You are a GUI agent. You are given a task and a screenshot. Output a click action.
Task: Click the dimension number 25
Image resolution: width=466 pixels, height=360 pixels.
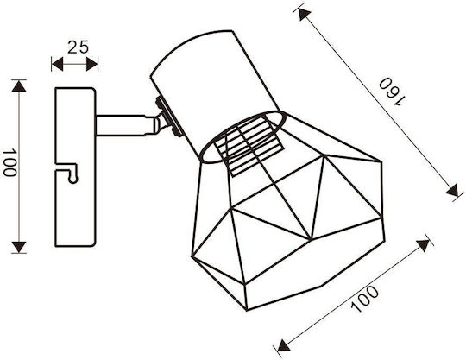click(x=78, y=47)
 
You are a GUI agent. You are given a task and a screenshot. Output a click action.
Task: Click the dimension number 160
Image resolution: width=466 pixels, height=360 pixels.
click(x=392, y=92)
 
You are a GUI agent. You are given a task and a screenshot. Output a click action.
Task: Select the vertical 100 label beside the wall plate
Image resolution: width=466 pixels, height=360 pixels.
click(x=9, y=163)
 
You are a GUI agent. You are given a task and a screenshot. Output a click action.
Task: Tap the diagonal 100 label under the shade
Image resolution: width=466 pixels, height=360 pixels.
click(x=365, y=299)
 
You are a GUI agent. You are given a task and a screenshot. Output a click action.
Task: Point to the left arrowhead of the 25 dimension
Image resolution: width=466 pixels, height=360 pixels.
click(x=57, y=64)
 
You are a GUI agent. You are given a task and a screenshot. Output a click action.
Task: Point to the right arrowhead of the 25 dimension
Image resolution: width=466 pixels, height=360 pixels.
click(x=91, y=64)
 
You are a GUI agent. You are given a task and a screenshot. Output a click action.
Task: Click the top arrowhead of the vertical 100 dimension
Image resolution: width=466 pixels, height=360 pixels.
click(x=19, y=86)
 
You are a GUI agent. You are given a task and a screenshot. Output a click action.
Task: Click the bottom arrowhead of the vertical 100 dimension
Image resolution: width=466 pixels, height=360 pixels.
click(x=19, y=247)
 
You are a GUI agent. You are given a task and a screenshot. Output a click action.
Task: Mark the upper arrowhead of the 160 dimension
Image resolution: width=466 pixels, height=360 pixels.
click(x=304, y=15)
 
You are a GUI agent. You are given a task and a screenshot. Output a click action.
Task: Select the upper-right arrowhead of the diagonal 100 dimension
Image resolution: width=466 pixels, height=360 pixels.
click(x=423, y=245)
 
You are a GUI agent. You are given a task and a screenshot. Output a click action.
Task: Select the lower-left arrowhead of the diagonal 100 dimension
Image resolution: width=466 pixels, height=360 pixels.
click(x=283, y=346)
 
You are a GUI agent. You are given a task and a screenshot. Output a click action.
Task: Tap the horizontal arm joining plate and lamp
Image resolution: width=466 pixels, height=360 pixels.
click(x=125, y=125)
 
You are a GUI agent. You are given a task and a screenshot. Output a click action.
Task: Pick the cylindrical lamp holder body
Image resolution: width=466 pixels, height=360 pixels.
click(x=215, y=89)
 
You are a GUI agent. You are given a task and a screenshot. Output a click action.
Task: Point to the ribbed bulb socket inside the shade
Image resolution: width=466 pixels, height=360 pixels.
click(x=249, y=146)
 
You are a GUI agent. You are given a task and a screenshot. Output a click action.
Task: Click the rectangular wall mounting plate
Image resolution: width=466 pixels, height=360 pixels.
click(x=75, y=167)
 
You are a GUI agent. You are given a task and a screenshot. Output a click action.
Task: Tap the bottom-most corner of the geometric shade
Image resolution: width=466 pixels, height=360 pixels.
click(x=247, y=310)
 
